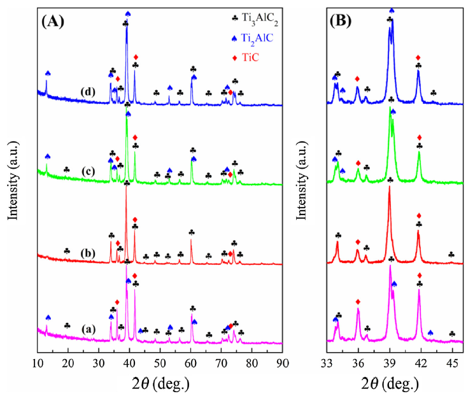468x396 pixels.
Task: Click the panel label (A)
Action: (53, 22)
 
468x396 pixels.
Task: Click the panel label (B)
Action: (341, 22)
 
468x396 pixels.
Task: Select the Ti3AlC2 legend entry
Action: (255, 19)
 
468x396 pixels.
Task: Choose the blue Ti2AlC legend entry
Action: (253, 38)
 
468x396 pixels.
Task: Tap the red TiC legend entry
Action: (245, 57)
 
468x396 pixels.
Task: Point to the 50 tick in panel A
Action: (160, 364)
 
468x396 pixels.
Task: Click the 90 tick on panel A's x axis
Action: (282, 364)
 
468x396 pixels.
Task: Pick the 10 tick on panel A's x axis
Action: (38, 364)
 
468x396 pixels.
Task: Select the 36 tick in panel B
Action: (358, 364)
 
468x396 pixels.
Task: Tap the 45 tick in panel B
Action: (452, 364)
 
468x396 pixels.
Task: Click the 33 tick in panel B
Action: (327, 364)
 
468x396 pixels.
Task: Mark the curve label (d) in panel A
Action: (88, 92)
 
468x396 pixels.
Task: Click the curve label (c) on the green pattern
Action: (88, 172)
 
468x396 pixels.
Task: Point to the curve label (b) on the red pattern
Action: (88, 253)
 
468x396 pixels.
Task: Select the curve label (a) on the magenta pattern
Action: (89, 329)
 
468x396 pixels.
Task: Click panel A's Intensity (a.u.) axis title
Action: (13, 181)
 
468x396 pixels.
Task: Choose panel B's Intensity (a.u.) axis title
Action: (302, 181)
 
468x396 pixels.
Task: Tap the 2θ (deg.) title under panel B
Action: (390, 383)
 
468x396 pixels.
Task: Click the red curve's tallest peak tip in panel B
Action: (389, 187)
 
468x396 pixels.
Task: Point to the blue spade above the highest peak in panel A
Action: (128, 13)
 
